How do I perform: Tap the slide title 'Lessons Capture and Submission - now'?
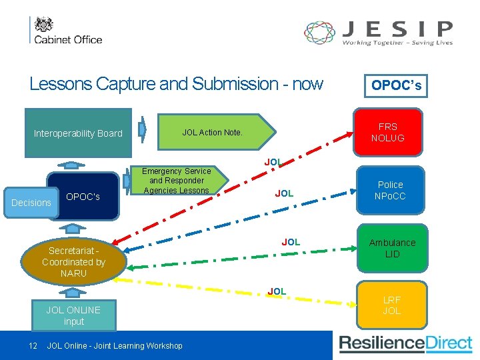(176, 84)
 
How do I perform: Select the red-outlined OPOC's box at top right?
(396, 85)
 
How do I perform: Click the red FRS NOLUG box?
(387, 132)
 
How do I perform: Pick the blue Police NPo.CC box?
(390, 190)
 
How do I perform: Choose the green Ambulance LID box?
(392, 248)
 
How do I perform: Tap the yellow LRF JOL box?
(391, 305)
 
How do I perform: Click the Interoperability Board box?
(78, 133)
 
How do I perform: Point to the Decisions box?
(31, 203)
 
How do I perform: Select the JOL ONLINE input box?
(73, 315)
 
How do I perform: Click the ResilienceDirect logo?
(405, 344)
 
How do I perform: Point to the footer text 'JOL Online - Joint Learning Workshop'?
(115, 345)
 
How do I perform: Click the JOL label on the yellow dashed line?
(277, 291)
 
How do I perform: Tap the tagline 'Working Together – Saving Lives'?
(397, 43)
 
